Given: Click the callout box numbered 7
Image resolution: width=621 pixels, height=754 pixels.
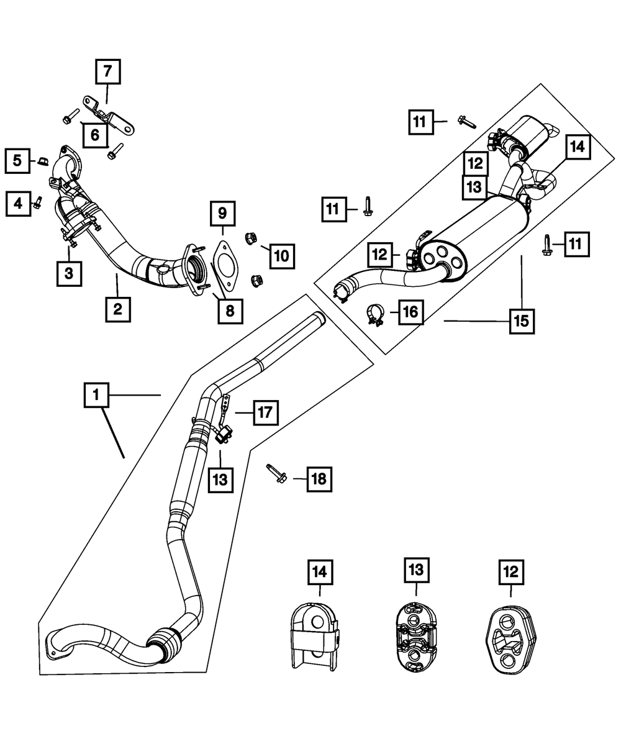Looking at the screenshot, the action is pyautogui.click(x=108, y=71).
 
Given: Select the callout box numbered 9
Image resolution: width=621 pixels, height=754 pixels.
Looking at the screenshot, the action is pyautogui.click(x=223, y=214).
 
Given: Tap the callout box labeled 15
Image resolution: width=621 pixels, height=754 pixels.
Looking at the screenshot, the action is pyautogui.click(x=522, y=321).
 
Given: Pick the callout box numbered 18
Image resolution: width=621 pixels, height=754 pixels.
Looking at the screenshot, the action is pyautogui.click(x=319, y=479).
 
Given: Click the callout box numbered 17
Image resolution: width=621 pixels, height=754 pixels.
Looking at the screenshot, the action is pyautogui.click(x=266, y=412).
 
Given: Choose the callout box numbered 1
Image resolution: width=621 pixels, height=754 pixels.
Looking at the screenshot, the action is pyautogui.click(x=96, y=395).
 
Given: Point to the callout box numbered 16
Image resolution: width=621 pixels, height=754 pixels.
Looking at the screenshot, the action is pyautogui.click(x=411, y=312).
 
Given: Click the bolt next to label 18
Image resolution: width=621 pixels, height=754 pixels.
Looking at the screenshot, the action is pyautogui.click(x=276, y=473).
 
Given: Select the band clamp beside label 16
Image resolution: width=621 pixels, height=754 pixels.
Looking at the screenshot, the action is pyautogui.click(x=376, y=314).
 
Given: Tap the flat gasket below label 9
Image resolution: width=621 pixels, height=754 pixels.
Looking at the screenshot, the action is pyautogui.click(x=225, y=266).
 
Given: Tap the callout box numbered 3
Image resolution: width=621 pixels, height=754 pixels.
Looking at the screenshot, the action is pyautogui.click(x=69, y=274).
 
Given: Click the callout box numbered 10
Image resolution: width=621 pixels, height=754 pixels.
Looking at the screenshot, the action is pyautogui.click(x=282, y=256).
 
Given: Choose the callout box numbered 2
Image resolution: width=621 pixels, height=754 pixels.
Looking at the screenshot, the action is pyautogui.click(x=118, y=309).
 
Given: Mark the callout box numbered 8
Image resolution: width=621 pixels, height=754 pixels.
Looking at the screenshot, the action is pyautogui.click(x=230, y=311).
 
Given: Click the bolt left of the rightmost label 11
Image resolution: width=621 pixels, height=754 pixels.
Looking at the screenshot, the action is pyautogui.click(x=547, y=245).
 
